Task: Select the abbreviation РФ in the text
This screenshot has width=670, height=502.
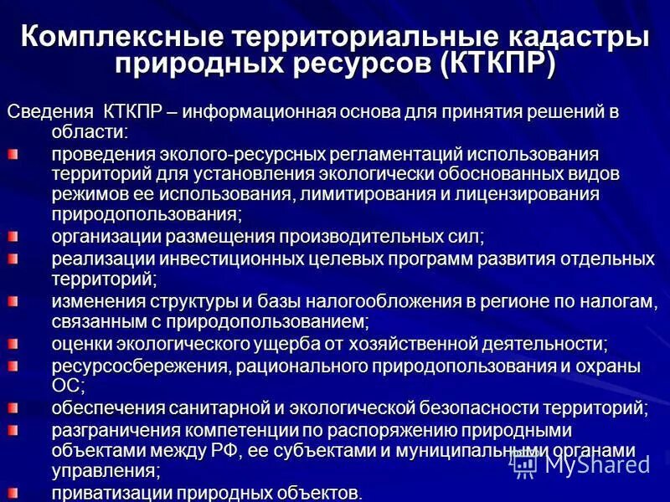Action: point(229,451)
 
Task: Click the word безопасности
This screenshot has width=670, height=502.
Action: point(489,408)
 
